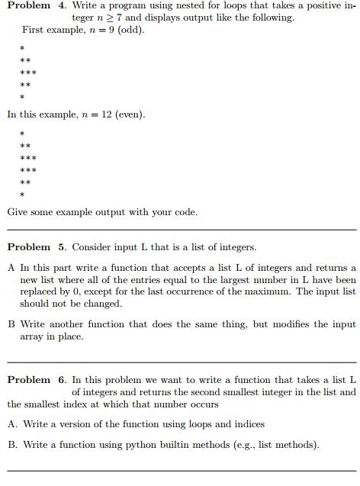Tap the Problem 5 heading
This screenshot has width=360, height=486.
click(x=35, y=247)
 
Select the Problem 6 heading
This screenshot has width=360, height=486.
click(x=35, y=380)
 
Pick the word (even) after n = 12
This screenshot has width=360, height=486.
click(x=129, y=114)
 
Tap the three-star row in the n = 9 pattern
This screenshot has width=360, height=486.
click(x=27, y=73)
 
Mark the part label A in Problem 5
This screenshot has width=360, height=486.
click(x=11, y=268)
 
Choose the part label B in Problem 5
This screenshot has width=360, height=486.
click(x=11, y=324)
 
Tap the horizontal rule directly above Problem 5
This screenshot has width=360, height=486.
click(x=182, y=230)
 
